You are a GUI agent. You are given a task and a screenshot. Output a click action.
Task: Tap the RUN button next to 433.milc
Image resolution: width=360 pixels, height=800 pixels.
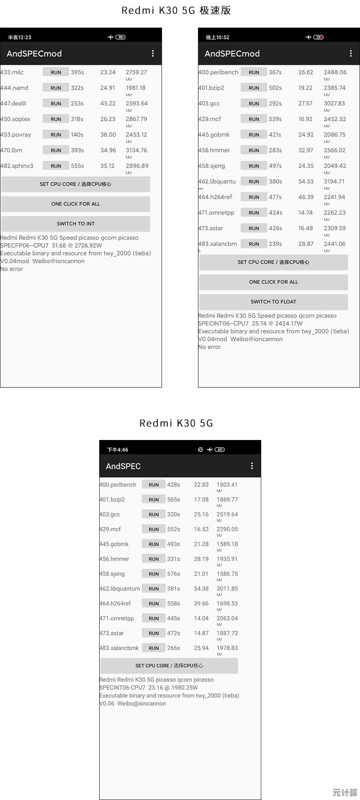pos(56,72)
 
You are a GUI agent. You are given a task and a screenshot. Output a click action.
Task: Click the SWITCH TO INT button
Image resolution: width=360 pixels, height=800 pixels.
pos(76,224)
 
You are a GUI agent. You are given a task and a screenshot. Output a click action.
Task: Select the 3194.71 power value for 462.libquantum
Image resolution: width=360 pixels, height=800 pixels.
pos(335,182)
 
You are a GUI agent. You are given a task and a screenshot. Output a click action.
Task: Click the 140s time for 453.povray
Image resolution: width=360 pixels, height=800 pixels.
pos(77,135)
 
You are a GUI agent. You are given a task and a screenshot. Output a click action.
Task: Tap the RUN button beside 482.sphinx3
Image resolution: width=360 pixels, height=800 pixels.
pos(56,166)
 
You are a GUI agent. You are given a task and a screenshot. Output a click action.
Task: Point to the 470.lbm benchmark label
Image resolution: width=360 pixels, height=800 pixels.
pos(11,150)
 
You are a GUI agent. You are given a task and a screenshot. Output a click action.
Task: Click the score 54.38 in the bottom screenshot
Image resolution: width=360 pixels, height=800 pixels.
pos(201,589)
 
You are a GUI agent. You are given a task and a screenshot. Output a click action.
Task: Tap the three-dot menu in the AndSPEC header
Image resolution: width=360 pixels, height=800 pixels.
pos(252,466)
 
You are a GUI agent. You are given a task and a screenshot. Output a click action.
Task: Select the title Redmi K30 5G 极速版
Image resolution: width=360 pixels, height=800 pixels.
pos(176,10)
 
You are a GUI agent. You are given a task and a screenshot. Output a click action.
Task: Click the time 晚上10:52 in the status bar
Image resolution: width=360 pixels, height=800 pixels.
pos(218,38)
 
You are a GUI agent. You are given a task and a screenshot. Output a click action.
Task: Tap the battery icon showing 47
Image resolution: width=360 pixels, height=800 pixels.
pos(220,450)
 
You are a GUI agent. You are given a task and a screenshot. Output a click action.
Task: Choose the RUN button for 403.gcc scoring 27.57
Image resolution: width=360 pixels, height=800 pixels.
pos(254,104)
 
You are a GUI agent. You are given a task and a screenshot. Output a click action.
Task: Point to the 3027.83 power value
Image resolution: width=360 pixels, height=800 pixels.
pos(334,104)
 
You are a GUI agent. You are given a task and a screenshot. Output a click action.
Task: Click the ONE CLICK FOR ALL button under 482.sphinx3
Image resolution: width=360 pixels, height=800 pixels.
pos(76,204)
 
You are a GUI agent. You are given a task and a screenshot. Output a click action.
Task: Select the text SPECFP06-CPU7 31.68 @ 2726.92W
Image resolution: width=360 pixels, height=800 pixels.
pos(51,246)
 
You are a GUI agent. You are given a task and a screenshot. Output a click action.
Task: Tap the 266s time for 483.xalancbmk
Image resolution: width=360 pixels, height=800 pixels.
pos(174,648)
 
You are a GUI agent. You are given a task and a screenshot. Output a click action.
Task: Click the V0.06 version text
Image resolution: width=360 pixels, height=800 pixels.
pos(107,704)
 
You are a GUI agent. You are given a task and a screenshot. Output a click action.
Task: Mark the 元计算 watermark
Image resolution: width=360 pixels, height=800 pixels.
pos(345,792)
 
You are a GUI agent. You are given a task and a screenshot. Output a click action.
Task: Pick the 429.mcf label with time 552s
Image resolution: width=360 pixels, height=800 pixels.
pos(110,529)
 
